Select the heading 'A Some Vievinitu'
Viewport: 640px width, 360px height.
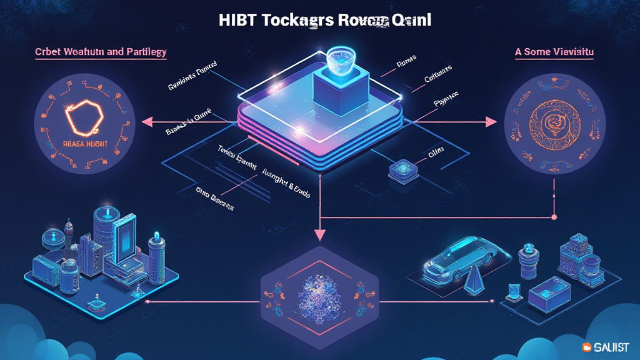pos(554,52)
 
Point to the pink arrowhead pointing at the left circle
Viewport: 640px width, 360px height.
pos(148,122)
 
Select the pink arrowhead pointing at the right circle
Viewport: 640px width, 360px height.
pos(491,122)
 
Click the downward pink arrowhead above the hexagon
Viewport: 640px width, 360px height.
pos(320,235)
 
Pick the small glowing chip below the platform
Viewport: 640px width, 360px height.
pos(399,170)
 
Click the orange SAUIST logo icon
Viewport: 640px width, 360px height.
pos(586,347)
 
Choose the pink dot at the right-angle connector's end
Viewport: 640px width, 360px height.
pos(554,217)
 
